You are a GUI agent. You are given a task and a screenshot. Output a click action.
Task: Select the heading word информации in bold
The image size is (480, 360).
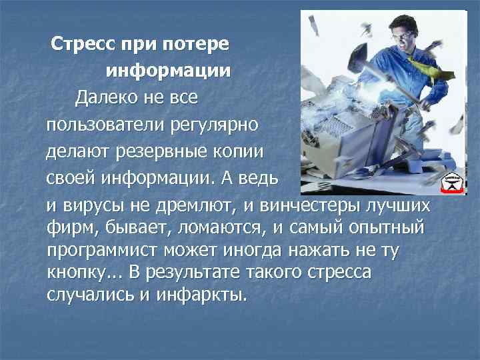pyautogui.click(x=167, y=71)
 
